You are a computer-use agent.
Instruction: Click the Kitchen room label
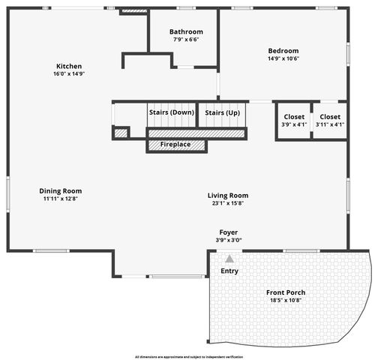(69, 66)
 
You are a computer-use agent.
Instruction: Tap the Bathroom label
(186, 31)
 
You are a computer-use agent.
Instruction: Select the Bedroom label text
(283, 51)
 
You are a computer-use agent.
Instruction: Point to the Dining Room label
(61, 190)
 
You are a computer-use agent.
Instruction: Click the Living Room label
(228, 196)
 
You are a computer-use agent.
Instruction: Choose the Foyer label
(229, 232)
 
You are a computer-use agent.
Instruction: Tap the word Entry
(229, 271)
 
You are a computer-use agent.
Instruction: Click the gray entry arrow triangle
(229, 258)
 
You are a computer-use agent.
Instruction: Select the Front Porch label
(286, 292)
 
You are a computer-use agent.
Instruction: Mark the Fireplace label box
(175, 144)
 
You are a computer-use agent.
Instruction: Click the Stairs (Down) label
(171, 112)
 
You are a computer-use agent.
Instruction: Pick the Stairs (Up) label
(223, 112)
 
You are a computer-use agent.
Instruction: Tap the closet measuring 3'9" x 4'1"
(294, 121)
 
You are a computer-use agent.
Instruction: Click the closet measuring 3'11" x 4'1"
(330, 121)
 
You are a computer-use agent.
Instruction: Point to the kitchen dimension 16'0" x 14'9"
(69, 74)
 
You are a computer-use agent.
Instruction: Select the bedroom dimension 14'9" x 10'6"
(283, 58)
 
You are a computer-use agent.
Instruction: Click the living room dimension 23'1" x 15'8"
(228, 203)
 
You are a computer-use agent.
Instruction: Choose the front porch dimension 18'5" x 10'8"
(286, 300)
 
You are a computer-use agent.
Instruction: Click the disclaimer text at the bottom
(189, 356)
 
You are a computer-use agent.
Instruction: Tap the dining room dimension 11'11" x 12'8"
(61, 199)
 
